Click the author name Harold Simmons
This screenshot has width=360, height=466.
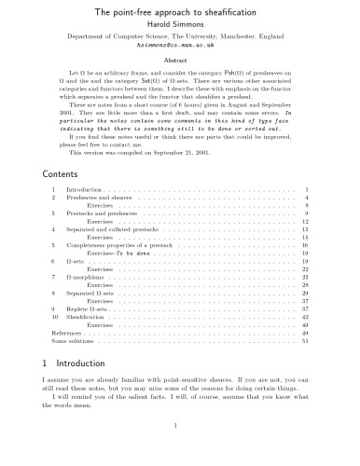180,25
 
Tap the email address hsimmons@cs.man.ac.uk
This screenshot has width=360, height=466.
180,45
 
